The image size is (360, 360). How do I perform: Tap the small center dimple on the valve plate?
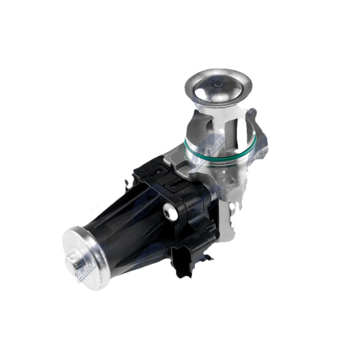pos(217,84)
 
